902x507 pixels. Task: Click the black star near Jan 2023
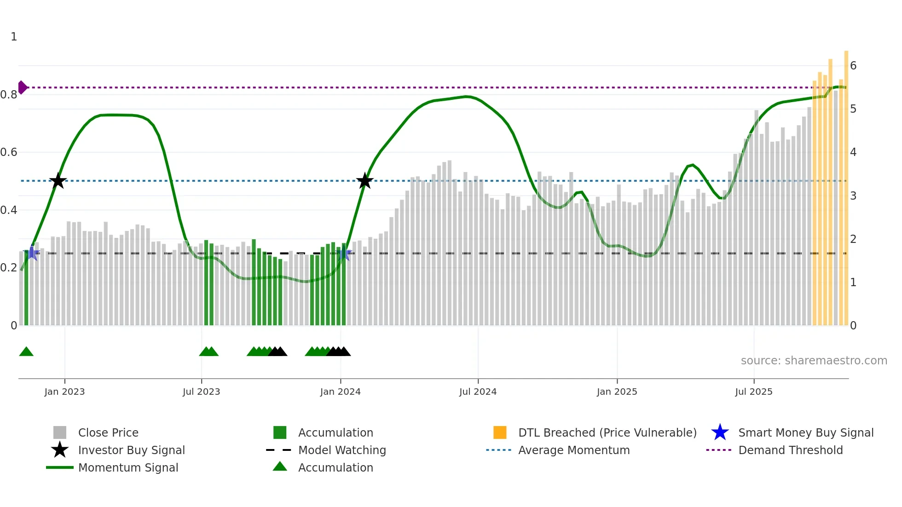point(58,181)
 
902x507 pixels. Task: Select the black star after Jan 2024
point(364,181)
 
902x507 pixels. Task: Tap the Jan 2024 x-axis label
point(340,392)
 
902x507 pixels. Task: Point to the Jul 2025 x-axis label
point(753,392)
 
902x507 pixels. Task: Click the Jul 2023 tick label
point(201,392)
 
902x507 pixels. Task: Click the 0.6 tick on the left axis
point(9,152)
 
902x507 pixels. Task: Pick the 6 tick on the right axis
point(853,66)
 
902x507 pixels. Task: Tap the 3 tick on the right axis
point(853,196)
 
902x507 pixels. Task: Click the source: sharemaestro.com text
point(814,361)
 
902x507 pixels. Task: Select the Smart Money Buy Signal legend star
point(720,432)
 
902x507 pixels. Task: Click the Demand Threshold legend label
point(790,450)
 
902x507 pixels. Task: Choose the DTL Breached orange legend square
point(500,432)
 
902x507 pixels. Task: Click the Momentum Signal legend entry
point(128,467)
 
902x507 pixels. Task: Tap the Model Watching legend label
point(342,450)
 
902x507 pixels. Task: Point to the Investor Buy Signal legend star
point(60,450)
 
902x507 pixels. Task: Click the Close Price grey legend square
point(60,432)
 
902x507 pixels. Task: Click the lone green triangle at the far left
point(26,352)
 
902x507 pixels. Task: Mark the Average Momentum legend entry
point(573,450)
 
